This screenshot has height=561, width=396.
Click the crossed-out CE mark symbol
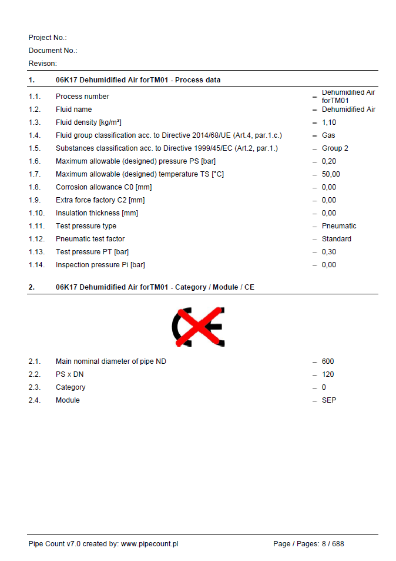(199, 326)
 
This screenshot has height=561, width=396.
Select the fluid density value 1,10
(329, 122)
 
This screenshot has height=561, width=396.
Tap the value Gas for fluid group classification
(328, 135)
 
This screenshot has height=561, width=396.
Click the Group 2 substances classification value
(335, 148)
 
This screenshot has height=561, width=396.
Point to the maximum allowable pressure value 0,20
(329, 161)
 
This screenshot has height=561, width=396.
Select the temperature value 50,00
(331, 174)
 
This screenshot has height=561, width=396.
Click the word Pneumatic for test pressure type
(339, 226)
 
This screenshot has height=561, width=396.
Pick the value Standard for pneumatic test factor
(337, 239)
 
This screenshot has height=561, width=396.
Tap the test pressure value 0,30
(329, 252)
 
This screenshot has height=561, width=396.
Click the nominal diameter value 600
(328, 361)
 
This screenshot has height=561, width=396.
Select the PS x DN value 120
(328, 374)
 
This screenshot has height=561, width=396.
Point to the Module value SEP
(329, 400)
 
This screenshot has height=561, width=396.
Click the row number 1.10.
(36, 213)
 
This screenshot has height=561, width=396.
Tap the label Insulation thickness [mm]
(97, 213)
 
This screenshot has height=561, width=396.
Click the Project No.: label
(48, 38)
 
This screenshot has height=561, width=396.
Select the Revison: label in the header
(43, 64)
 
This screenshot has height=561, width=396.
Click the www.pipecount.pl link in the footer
(149, 544)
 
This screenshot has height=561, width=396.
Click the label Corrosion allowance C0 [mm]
(103, 187)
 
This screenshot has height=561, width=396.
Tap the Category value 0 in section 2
(324, 387)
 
